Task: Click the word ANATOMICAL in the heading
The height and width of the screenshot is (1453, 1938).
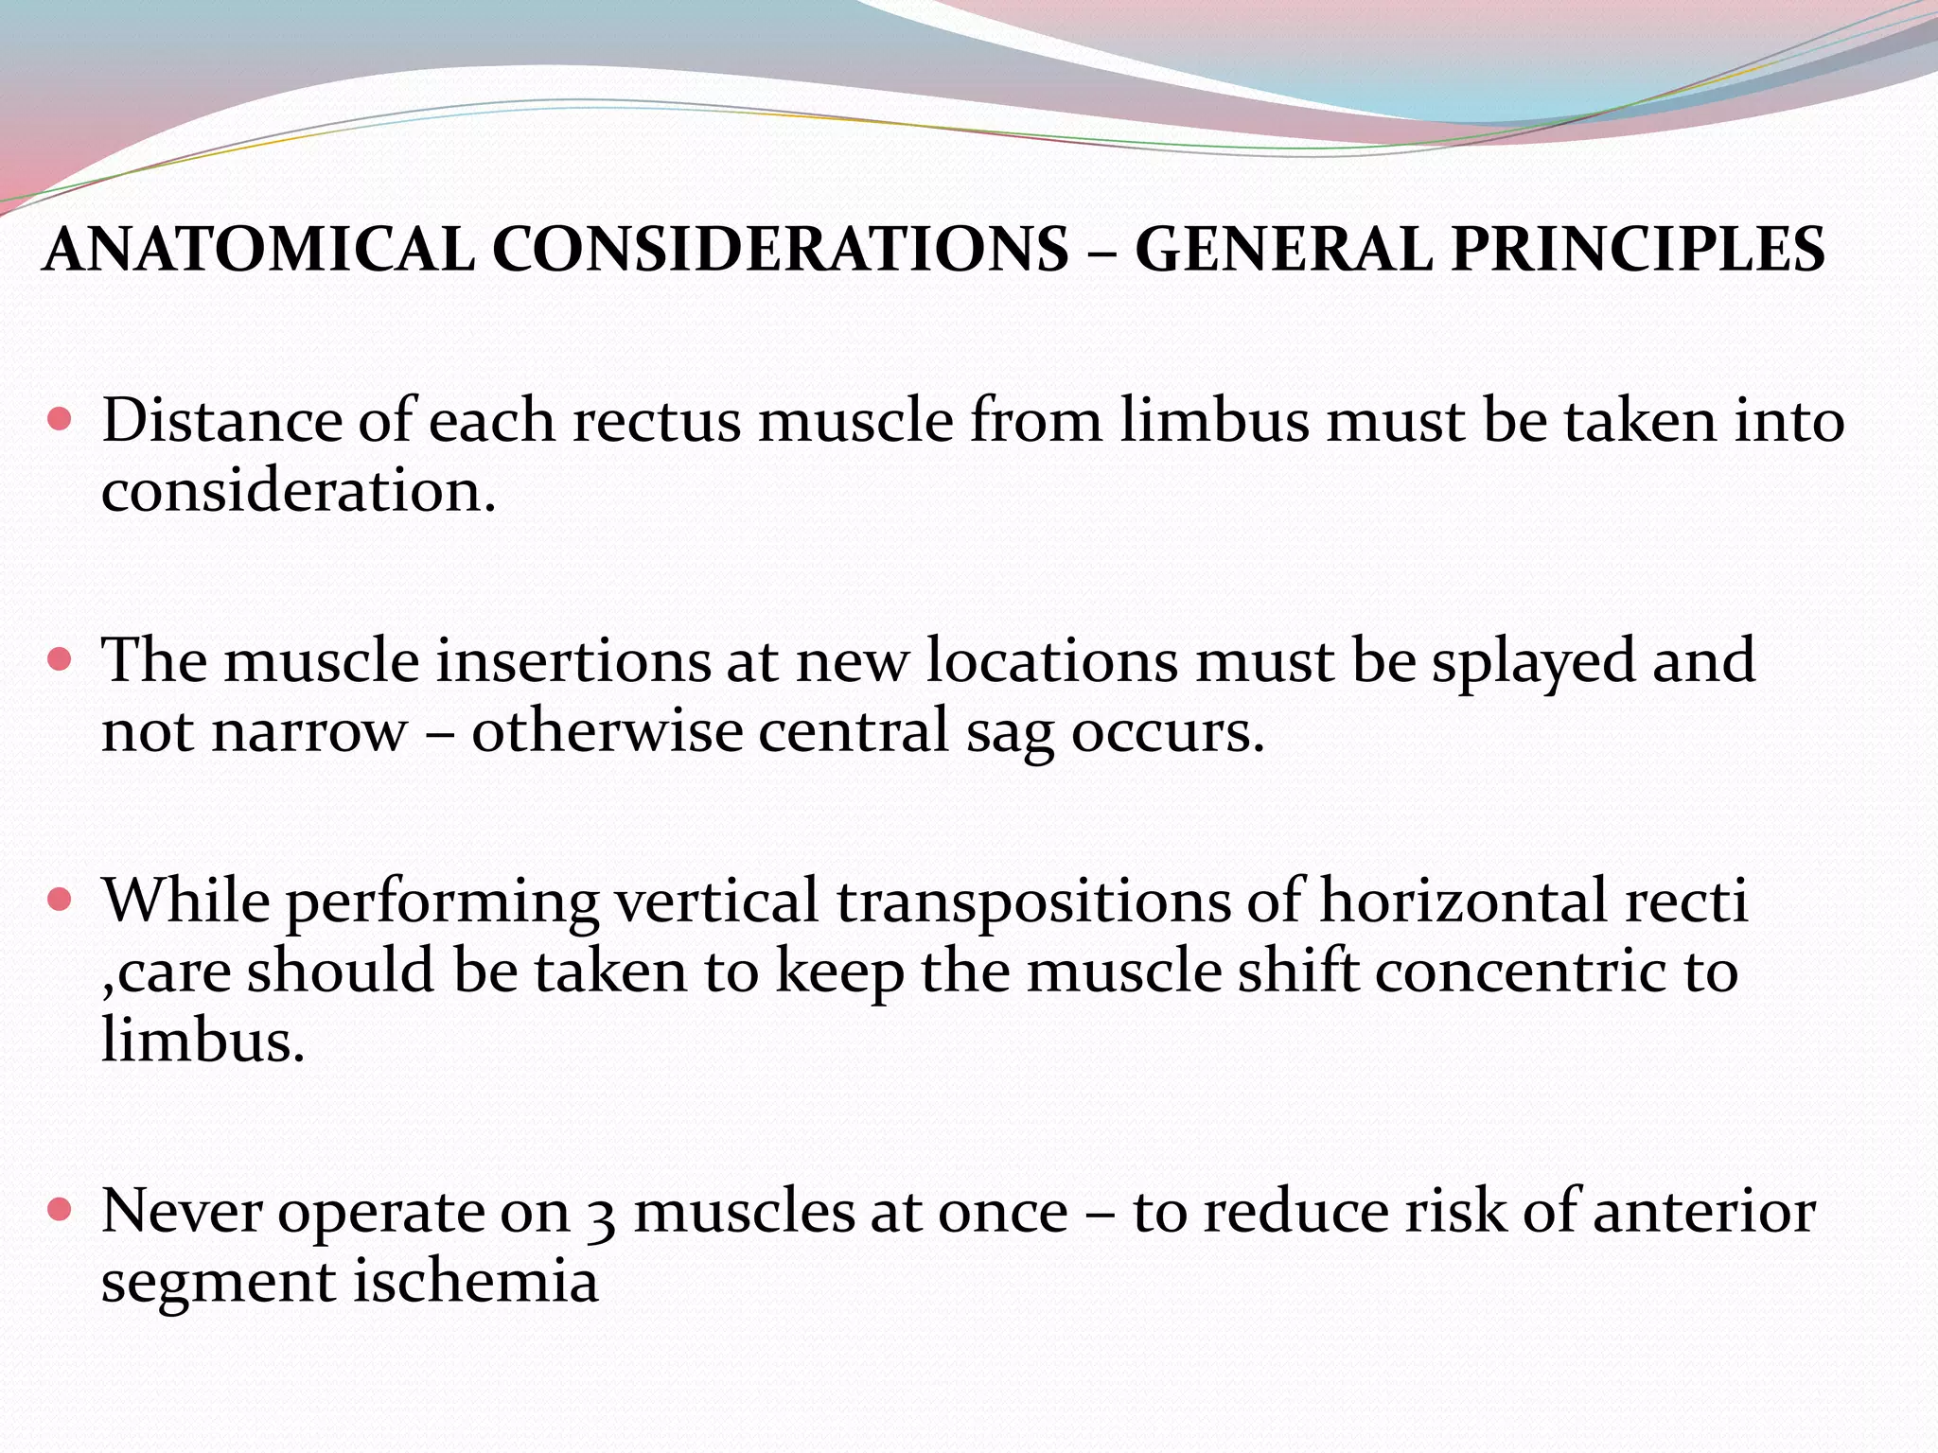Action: [259, 250]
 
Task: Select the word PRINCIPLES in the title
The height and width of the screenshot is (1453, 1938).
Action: [1637, 250]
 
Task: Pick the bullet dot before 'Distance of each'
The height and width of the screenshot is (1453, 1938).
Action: [59, 419]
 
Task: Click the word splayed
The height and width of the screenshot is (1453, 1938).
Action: [1532, 660]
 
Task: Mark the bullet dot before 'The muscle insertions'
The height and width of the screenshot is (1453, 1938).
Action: [59, 658]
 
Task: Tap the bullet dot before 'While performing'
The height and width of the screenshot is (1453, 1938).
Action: [59, 899]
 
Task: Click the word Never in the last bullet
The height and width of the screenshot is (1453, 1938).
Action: [181, 1211]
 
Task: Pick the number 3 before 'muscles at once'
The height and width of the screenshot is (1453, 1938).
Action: [601, 1214]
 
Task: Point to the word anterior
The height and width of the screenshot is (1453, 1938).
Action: [1704, 1211]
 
